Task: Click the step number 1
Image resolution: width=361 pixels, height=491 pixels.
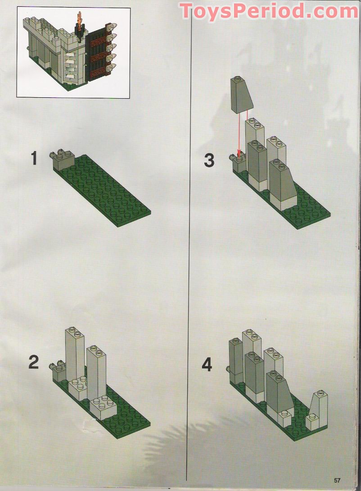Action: [x=34, y=159]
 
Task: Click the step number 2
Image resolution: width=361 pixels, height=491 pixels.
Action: [x=34, y=362]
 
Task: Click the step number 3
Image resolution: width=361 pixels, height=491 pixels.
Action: [x=209, y=160]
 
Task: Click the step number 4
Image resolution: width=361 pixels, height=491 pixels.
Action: [x=207, y=364]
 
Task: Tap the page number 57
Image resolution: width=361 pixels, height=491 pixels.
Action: [x=338, y=479]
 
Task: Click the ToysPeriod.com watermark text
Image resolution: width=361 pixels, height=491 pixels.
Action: [x=269, y=11]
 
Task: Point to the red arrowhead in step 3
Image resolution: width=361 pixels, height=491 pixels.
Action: [x=239, y=156]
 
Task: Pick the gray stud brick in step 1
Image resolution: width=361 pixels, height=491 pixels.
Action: [x=64, y=161]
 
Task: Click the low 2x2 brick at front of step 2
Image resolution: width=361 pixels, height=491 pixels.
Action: [x=104, y=406]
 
